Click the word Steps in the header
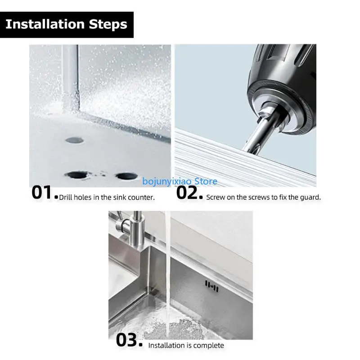tap(108, 24)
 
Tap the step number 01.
tap(43, 192)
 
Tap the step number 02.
tap(188, 192)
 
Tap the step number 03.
tap(129, 340)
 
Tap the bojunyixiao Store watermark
tap(180, 181)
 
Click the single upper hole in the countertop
tap(74, 140)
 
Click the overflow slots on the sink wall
tap(211, 285)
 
